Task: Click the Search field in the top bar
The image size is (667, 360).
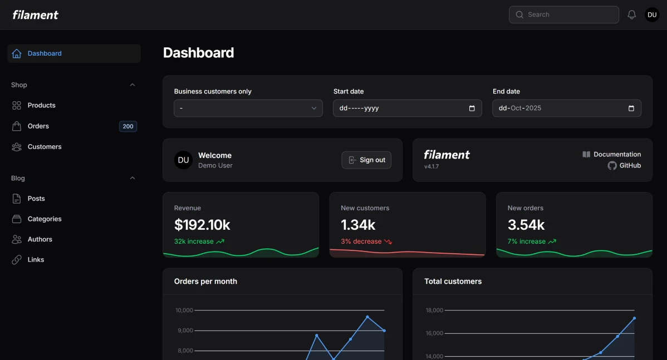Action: pyautogui.click(x=563, y=14)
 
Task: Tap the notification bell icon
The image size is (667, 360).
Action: pyautogui.click(x=631, y=15)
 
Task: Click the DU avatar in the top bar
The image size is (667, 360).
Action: pyautogui.click(x=652, y=15)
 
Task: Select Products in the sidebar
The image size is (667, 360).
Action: pyautogui.click(x=41, y=105)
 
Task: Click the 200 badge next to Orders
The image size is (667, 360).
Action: pyautogui.click(x=128, y=126)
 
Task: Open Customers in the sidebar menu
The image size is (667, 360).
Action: pyautogui.click(x=45, y=147)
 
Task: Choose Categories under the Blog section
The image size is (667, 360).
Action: pyautogui.click(x=45, y=219)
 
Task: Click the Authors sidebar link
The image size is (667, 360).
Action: pyautogui.click(x=40, y=239)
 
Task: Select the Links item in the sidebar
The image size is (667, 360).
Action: pyautogui.click(x=36, y=260)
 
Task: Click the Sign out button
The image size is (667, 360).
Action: pyautogui.click(x=366, y=160)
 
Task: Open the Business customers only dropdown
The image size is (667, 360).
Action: pyautogui.click(x=248, y=109)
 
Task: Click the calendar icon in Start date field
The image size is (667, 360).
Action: pyautogui.click(x=472, y=109)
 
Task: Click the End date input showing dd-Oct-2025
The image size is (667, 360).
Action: pyautogui.click(x=560, y=109)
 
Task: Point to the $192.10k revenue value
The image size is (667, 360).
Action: pyautogui.click(x=202, y=225)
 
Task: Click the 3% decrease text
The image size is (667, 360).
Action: pyautogui.click(x=361, y=241)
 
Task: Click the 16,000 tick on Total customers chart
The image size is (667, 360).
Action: pyautogui.click(x=434, y=333)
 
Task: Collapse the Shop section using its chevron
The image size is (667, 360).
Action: pyautogui.click(x=133, y=85)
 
